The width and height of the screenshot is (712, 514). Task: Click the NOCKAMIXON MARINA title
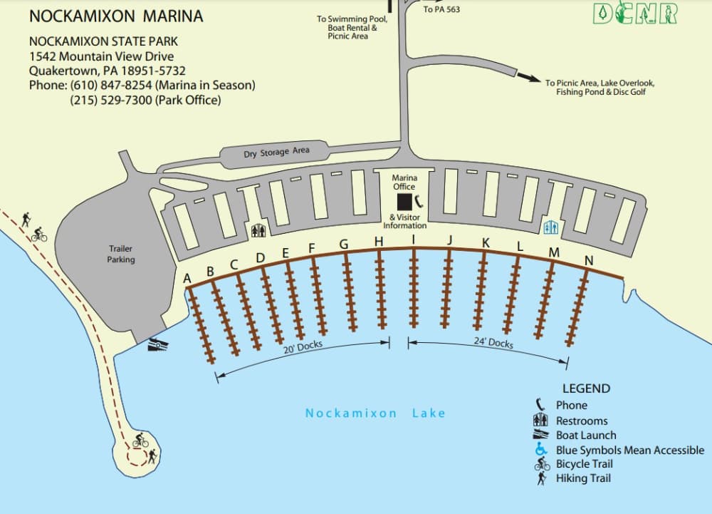click(115, 16)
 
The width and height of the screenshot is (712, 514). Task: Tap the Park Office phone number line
click(145, 101)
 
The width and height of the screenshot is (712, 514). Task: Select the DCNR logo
click(634, 14)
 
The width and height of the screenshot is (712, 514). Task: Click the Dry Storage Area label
click(276, 152)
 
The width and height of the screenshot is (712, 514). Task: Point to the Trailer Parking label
click(120, 254)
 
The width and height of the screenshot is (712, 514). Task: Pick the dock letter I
click(413, 239)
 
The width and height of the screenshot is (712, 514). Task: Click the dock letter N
click(588, 261)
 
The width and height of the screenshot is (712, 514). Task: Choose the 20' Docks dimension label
click(303, 347)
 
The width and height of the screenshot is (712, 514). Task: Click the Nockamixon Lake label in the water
click(375, 413)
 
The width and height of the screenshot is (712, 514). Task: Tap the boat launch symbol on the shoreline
click(159, 345)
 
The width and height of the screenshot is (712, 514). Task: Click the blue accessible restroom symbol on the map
click(550, 226)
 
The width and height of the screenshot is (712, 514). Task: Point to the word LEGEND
click(586, 389)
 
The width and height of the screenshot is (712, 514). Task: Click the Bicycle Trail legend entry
click(584, 464)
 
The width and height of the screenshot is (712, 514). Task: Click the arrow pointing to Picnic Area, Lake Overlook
click(528, 77)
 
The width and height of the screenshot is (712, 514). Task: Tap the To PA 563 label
click(441, 9)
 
